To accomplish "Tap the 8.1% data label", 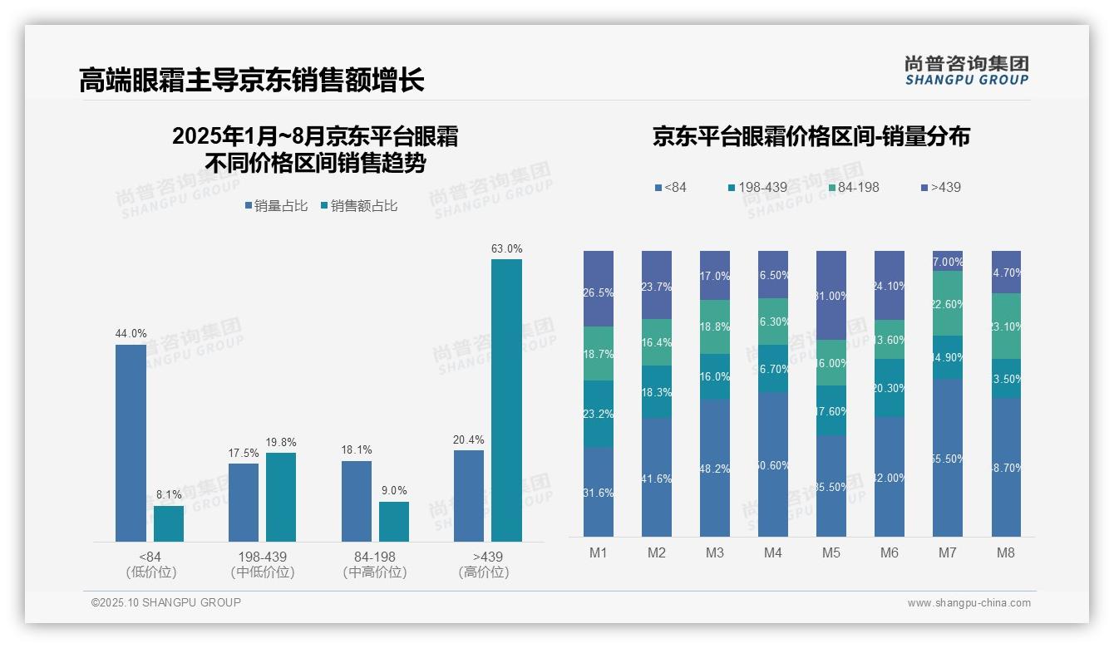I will [x=169, y=494].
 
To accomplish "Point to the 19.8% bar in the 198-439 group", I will [x=281, y=497].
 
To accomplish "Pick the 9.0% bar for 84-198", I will [x=394, y=522].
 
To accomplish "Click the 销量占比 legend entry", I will [x=276, y=206].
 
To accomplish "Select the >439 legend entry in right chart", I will [x=940, y=188].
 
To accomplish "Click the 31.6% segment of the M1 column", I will [x=599, y=492].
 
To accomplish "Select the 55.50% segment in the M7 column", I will [x=948, y=458].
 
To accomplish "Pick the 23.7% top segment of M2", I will [x=657, y=285].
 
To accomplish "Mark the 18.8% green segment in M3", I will [x=715, y=326].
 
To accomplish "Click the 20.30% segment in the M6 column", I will [x=890, y=388].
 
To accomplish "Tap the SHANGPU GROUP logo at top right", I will [x=966, y=71].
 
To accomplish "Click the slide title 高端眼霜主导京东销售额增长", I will [x=251, y=80].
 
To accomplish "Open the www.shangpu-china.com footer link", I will [x=969, y=603].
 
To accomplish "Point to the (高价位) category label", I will [x=483, y=572].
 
